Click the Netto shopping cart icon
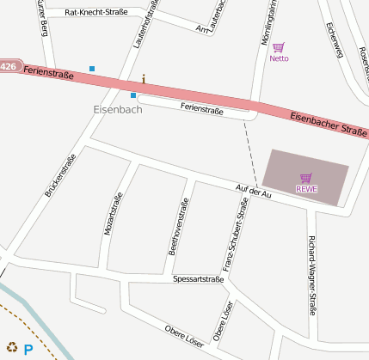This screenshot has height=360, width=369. coord(278,48)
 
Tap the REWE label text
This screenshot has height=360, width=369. coord(306,188)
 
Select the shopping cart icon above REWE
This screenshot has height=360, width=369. coord(306,177)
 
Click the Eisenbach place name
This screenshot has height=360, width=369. coord(118,110)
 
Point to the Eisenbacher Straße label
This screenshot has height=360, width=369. coord(329,125)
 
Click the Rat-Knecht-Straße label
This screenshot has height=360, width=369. coord(96,13)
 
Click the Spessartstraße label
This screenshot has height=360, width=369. coord(198,279)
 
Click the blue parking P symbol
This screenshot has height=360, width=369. coord(28,350)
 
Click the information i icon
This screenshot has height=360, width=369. coord(144,79)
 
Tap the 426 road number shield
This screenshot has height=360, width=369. coord(9,66)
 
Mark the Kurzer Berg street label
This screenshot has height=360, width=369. coord(40,17)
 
